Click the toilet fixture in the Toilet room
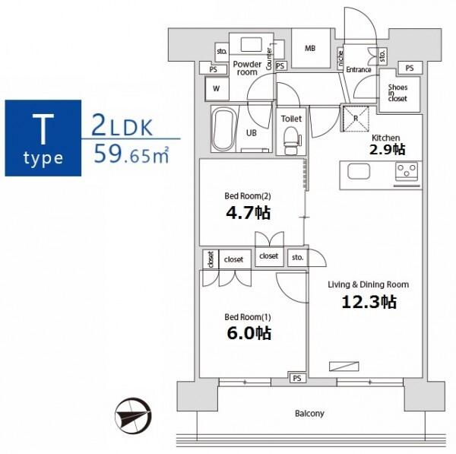(x=291, y=140)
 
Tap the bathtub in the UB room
(x=223, y=129)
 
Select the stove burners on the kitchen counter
(x=407, y=171)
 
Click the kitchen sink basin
(x=359, y=171)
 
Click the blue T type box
(x=43, y=138)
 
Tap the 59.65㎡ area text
(x=131, y=155)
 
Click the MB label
(x=310, y=49)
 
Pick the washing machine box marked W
(x=217, y=88)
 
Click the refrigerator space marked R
(x=356, y=119)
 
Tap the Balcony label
(x=309, y=414)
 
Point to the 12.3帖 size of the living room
(x=369, y=302)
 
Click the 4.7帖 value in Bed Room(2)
(x=249, y=213)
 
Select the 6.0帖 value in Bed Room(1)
(x=249, y=334)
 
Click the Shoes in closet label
(x=397, y=93)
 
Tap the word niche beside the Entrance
(x=340, y=58)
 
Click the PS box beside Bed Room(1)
(x=297, y=378)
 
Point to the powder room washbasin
(x=252, y=43)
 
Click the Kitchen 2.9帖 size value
(x=387, y=150)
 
